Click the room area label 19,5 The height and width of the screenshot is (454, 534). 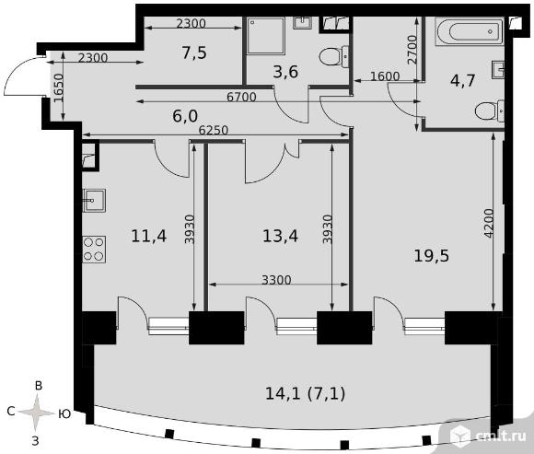tap(432, 255)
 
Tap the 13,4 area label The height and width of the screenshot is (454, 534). tap(280, 236)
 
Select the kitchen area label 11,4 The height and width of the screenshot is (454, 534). tap(149, 236)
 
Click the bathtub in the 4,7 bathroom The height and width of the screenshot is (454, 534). tap(470, 31)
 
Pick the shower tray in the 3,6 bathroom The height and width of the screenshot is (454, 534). tap(266, 36)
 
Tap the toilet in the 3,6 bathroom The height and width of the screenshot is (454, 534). tap(334, 56)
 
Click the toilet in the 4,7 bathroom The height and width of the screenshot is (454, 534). tap(490, 111)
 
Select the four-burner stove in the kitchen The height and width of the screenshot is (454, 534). tap(94, 250)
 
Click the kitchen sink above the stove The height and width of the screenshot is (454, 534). tap(94, 201)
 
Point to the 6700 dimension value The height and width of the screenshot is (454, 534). tap(241, 98)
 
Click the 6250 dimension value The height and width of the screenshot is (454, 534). tap(214, 130)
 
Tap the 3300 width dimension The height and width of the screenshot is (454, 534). tap(276, 280)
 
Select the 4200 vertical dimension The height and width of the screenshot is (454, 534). tap(489, 224)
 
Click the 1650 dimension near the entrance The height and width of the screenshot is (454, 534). tap(59, 87)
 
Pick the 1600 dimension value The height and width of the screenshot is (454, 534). tap(385, 76)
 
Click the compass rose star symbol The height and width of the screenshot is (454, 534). tap(36, 413)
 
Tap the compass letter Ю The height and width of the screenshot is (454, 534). tap(64, 413)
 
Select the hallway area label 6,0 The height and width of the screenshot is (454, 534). tap(185, 116)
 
